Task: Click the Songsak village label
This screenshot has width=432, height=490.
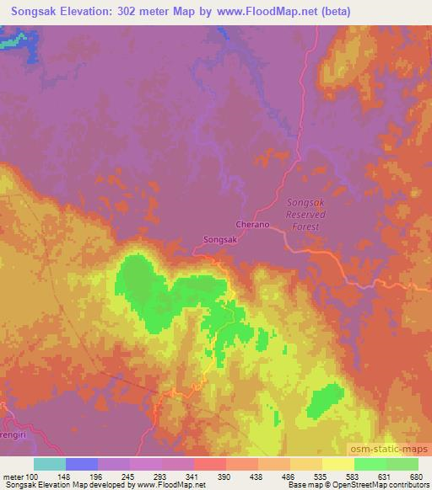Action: [x=222, y=239]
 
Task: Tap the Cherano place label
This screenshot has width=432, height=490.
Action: [x=254, y=225]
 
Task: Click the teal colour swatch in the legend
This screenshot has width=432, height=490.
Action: [x=50, y=464]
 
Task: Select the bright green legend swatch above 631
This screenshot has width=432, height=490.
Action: [x=370, y=464]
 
